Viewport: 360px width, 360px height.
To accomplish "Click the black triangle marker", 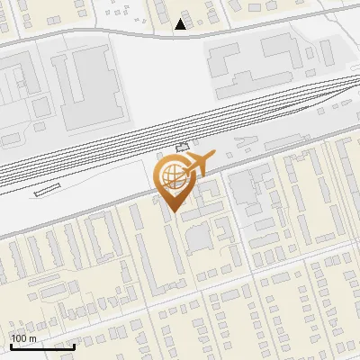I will click(x=181, y=24).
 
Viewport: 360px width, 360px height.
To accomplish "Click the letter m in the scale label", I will click(x=33, y=338).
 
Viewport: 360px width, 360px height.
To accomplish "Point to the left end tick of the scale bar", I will click(x=11, y=345).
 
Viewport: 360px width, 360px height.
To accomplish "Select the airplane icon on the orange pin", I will click(x=198, y=164).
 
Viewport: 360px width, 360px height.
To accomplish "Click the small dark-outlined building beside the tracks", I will click(x=184, y=146).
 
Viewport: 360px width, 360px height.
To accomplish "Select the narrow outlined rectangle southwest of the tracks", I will click(x=47, y=189).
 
